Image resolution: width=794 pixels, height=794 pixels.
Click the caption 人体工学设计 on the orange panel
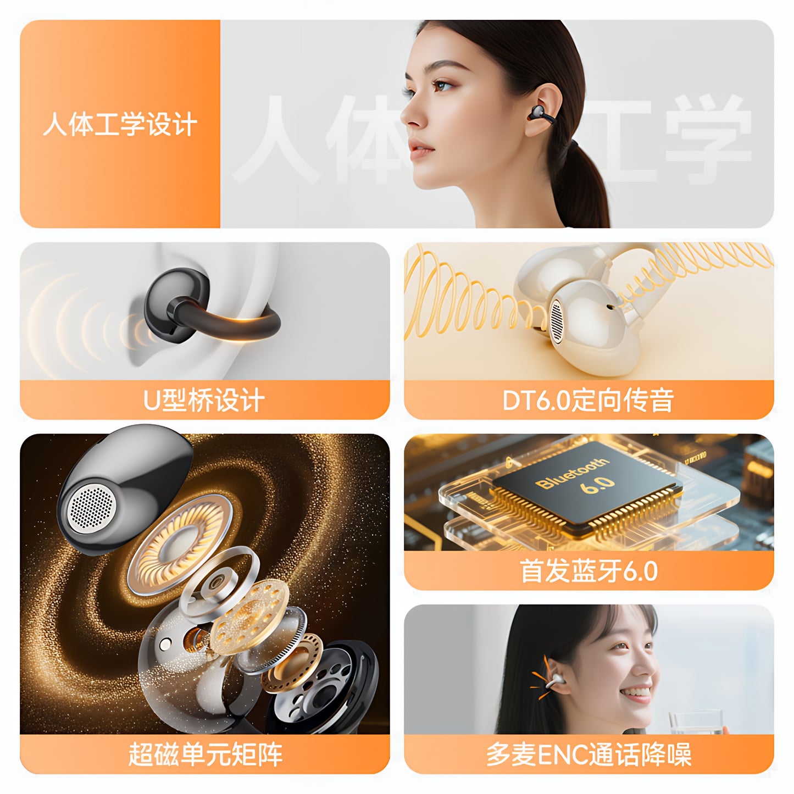click(120, 124)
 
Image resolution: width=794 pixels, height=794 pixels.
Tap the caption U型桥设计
click(204, 399)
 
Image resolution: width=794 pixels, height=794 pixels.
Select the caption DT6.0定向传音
click(588, 399)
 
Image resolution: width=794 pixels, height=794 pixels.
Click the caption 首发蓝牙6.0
click(588, 571)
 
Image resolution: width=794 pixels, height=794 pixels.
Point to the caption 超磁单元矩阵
click(205, 754)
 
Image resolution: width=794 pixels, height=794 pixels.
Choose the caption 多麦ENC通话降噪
click(588, 754)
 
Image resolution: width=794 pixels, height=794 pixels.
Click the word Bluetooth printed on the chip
click(572, 472)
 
